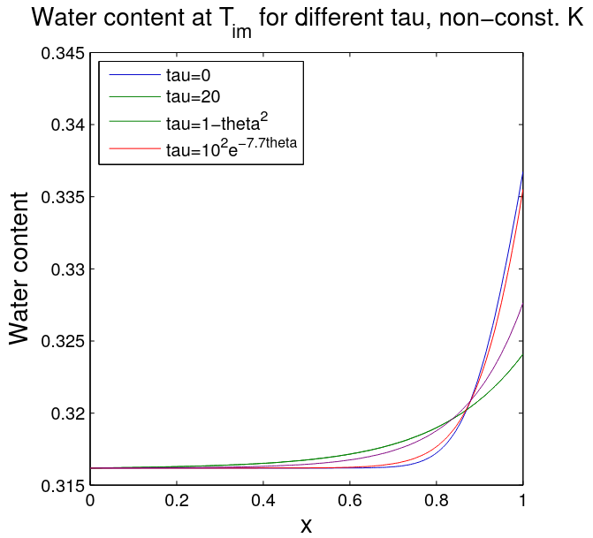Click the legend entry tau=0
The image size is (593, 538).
(x=189, y=76)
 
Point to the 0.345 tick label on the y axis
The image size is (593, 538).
(x=62, y=53)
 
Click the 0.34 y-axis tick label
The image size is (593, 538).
(x=67, y=125)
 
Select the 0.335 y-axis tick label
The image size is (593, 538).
(x=62, y=197)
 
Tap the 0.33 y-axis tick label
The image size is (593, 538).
(x=67, y=269)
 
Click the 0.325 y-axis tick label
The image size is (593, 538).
(x=62, y=341)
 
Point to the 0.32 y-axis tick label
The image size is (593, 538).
(x=67, y=413)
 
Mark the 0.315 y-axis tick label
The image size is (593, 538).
(x=62, y=485)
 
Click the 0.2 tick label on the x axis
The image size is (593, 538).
(x=177, y=502)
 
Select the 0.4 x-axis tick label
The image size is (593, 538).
(x=263, y=502)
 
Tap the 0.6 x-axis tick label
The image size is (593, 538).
(x=350, y=502)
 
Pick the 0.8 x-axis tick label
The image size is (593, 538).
(x=437, y=502)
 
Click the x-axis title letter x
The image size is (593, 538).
(x=306, y=525)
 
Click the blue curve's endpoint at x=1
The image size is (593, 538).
(x=522, y=174)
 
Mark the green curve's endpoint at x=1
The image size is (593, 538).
(x=522, y=355)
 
